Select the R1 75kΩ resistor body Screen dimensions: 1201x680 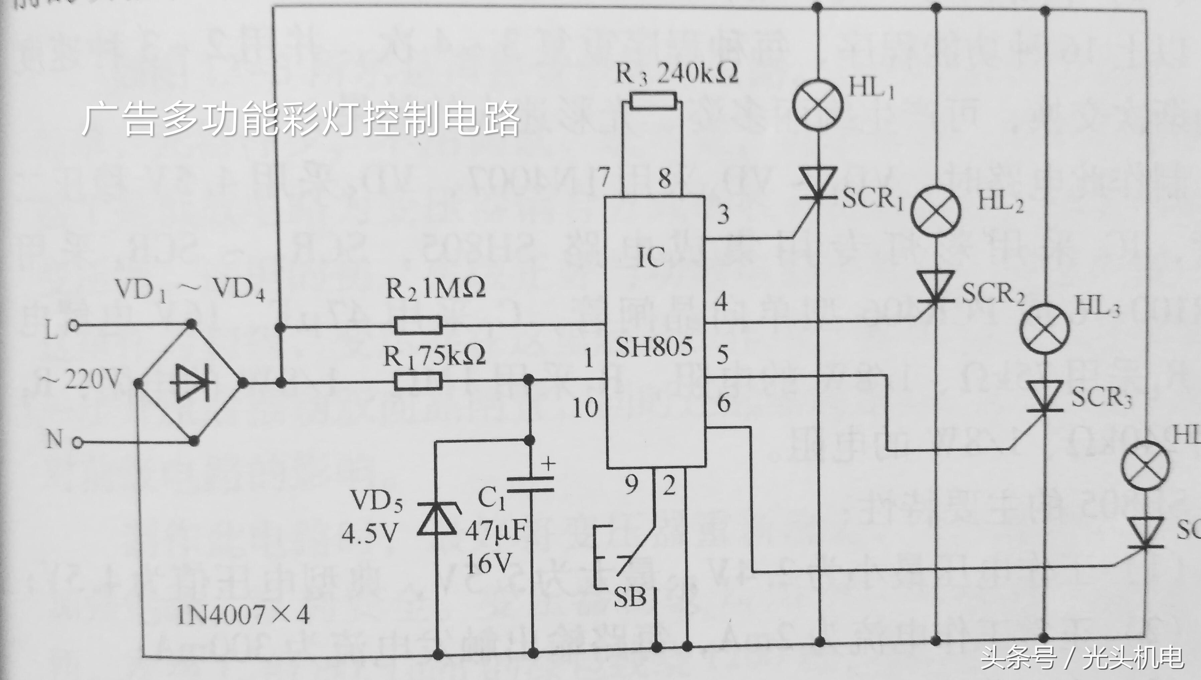pos(418,381)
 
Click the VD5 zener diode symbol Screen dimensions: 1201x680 pos(437,517)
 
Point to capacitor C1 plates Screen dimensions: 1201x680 pos(530,484)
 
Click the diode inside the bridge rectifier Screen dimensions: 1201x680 pos(192,383)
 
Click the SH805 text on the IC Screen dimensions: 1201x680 pos(654,347)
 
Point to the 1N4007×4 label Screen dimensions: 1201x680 pos(243,615)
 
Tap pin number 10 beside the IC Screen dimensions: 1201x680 pos(586,408)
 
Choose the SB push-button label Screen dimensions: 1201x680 pos(630,597)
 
